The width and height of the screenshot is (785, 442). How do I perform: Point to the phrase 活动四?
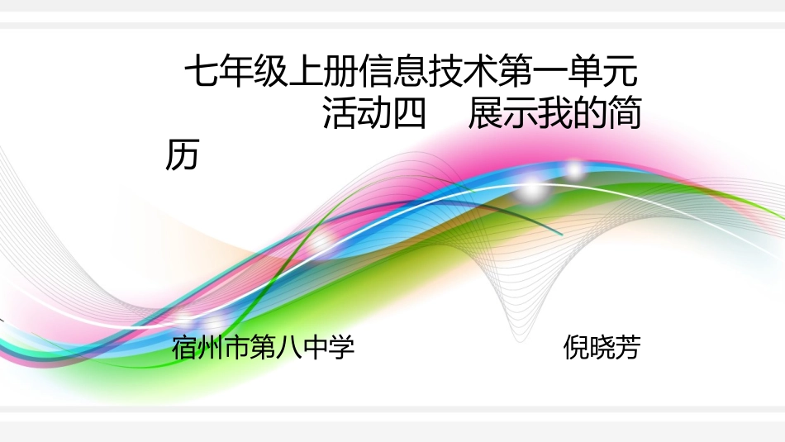[x=373, y=115]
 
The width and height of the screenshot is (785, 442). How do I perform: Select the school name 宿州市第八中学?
[x=264, y=348]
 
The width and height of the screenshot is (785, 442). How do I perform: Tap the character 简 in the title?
[x=624, y=115]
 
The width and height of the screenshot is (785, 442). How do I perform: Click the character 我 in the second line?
[x=554, y=115]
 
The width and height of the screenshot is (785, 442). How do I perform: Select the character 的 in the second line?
[x=589, y=115]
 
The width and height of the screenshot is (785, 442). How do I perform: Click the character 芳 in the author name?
[x=627, y=348]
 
